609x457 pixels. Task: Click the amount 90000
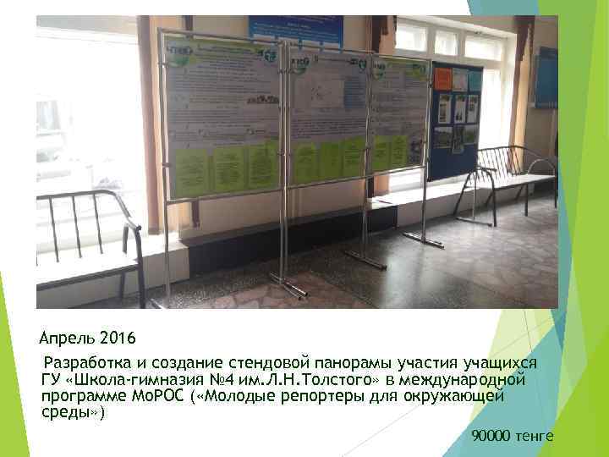coord(491,436)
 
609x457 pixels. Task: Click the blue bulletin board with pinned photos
coord(456,118)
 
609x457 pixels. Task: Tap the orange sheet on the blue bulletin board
coord(443,79)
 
